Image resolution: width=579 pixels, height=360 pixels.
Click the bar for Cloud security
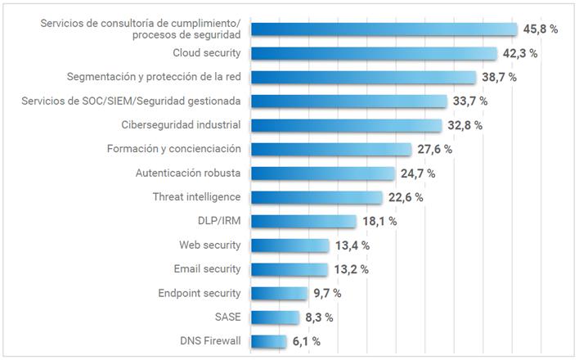pyautogui.click(x=374, y=53)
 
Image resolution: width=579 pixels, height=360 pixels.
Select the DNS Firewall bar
pyautogui.click(x=269, y=341)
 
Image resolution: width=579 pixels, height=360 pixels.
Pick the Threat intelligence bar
pyautogui.click(x=316, y=197)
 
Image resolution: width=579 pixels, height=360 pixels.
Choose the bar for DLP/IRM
pyautogui.click(x=303, y=221)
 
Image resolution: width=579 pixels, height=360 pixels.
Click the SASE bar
pyautogui.click(x=275, y=317)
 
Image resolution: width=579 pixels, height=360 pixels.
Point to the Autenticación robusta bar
pyautogui.click(x=322, y=173)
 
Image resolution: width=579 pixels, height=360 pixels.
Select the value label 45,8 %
pyautogui.click(x=541, y=29)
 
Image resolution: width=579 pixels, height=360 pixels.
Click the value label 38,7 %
pyautogui.click(x=500, y=78)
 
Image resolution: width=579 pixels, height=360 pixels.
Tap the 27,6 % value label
pyautogui.click(x=434, y=150)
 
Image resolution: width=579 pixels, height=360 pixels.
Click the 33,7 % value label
pyautogui.click(x=469, y=101)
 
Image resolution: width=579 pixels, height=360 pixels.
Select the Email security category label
pyautogui.click(x=207, y=269)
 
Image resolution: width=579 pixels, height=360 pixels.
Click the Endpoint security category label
pyautogui.click(x=200, y=293)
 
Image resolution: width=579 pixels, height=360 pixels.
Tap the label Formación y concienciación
pyautogui.click(x=173, y=149)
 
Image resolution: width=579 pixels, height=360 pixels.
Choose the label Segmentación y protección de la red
pyautogui.click(x=154, y=77)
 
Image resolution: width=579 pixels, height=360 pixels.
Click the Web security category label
pyautogui.click(x=210, y=245)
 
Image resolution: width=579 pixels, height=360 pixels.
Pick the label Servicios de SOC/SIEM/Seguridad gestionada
pyautogui.click(x=131, y=101)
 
